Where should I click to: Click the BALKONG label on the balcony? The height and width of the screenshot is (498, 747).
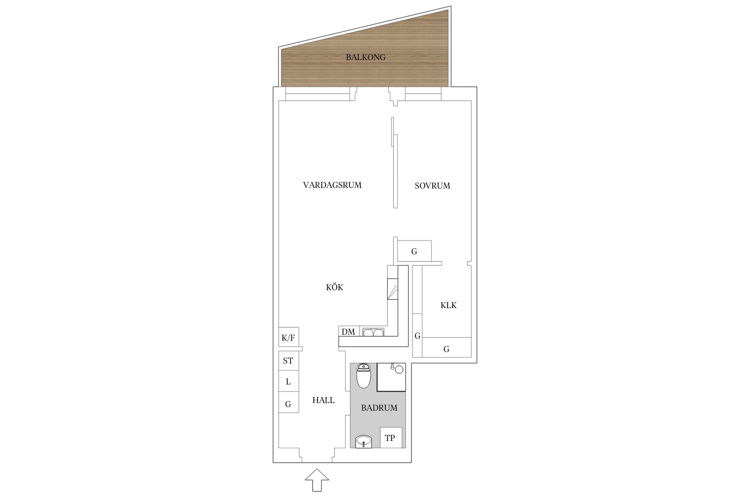pyautogui.click(x=366, y=57)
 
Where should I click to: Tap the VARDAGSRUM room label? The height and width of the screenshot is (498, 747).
pyautogui.click(x=332, y=185)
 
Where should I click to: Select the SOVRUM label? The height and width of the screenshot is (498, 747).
pyautogui.click(x=432, y=186)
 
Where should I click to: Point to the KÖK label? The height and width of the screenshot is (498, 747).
pyautogui.click(x=334, y=287)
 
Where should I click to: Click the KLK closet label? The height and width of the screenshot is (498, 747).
pyautogui.click(x=449, y=305)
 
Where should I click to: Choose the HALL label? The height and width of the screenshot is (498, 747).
pyautogui.click(x=323, y=400)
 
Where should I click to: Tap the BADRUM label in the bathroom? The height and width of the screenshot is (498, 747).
pyautogui.click(x=379, y=408)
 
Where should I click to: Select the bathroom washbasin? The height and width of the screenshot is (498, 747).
pyautogui.click(x=364, y=442)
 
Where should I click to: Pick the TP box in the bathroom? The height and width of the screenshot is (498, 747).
pyautogui.click(x=391, y=438)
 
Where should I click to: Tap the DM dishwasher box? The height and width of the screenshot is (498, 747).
pyautogui.click(x=349, y=331)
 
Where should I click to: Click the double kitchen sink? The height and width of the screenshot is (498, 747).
pyautogui.click(x=373, y=332)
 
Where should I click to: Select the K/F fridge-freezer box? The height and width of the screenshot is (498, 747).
pyautogui.click(x=289, y=337)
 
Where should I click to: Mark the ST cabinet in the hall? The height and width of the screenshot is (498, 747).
pyautogui.click(x=289, y=361)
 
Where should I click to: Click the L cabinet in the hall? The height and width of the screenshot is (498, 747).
pyautogui.click(x=289, y=381)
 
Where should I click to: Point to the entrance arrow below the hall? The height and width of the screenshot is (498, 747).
pyautogui.click(x=317, y=480)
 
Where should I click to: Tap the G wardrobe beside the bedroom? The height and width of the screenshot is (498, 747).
pyautogui.click(x=414, y=251)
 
